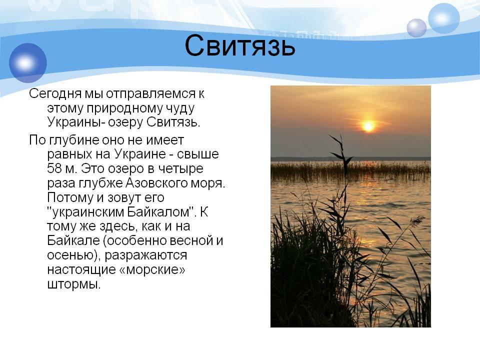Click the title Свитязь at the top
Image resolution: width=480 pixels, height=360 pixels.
click(240, 46)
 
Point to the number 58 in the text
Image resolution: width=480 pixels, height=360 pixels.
click(54, 168)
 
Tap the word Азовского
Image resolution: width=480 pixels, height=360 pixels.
click(156, 183)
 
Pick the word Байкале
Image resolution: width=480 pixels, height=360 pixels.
click(73, 240)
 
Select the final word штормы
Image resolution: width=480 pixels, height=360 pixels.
click(74, 284)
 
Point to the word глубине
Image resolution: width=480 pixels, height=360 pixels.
click(74, 140)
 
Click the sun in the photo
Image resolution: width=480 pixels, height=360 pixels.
click(368, 126)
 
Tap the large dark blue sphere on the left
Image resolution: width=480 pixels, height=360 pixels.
click(28, 63)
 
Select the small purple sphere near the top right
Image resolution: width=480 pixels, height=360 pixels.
click(416, 28)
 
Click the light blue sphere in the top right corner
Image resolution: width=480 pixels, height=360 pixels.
click(443, 18)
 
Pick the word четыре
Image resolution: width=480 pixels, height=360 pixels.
click(180, 169)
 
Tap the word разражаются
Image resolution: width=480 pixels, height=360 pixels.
click(145, 255)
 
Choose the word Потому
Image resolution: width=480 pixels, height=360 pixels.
click(70, 197)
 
